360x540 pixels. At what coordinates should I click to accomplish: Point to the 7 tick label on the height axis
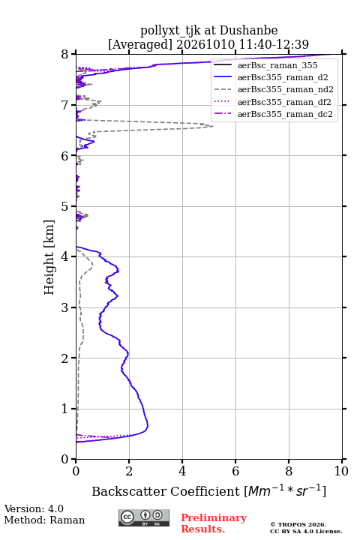click(64, 105)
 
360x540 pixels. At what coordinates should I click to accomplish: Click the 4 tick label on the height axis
click(64, 257)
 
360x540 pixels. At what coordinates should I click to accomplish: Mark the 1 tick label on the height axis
click(64, 409)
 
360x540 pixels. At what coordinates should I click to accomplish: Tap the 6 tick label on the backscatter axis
click(235, 471)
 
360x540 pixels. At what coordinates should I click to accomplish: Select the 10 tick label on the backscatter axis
click(341, 471)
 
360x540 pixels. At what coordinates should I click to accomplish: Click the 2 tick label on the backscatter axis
click(129, 471)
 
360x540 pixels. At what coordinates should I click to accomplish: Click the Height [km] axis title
click(49, 257)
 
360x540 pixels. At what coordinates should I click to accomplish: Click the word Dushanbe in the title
click(248, 31)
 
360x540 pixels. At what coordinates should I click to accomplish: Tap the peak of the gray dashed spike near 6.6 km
click(212, 127)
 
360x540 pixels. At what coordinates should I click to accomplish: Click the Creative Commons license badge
click(144, 517)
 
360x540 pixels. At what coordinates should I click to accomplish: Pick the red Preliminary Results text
click(214, 523)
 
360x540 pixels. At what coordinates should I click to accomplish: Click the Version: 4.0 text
click(34, 508)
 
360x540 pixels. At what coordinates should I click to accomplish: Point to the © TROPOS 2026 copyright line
click(298, 524)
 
